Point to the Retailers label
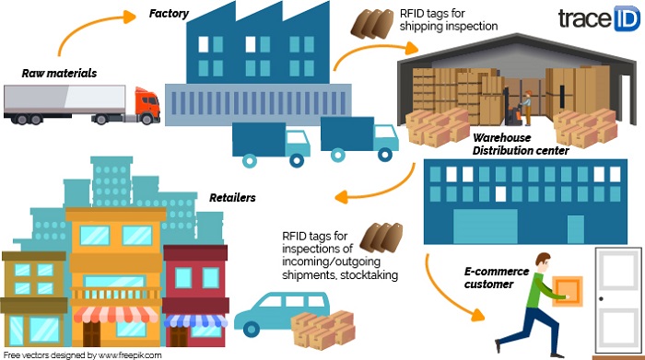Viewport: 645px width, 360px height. click(x=230, y=197)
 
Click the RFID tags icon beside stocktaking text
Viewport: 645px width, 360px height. click(x=382, y=238)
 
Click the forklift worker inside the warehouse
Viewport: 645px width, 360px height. click(x=520, y=102)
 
